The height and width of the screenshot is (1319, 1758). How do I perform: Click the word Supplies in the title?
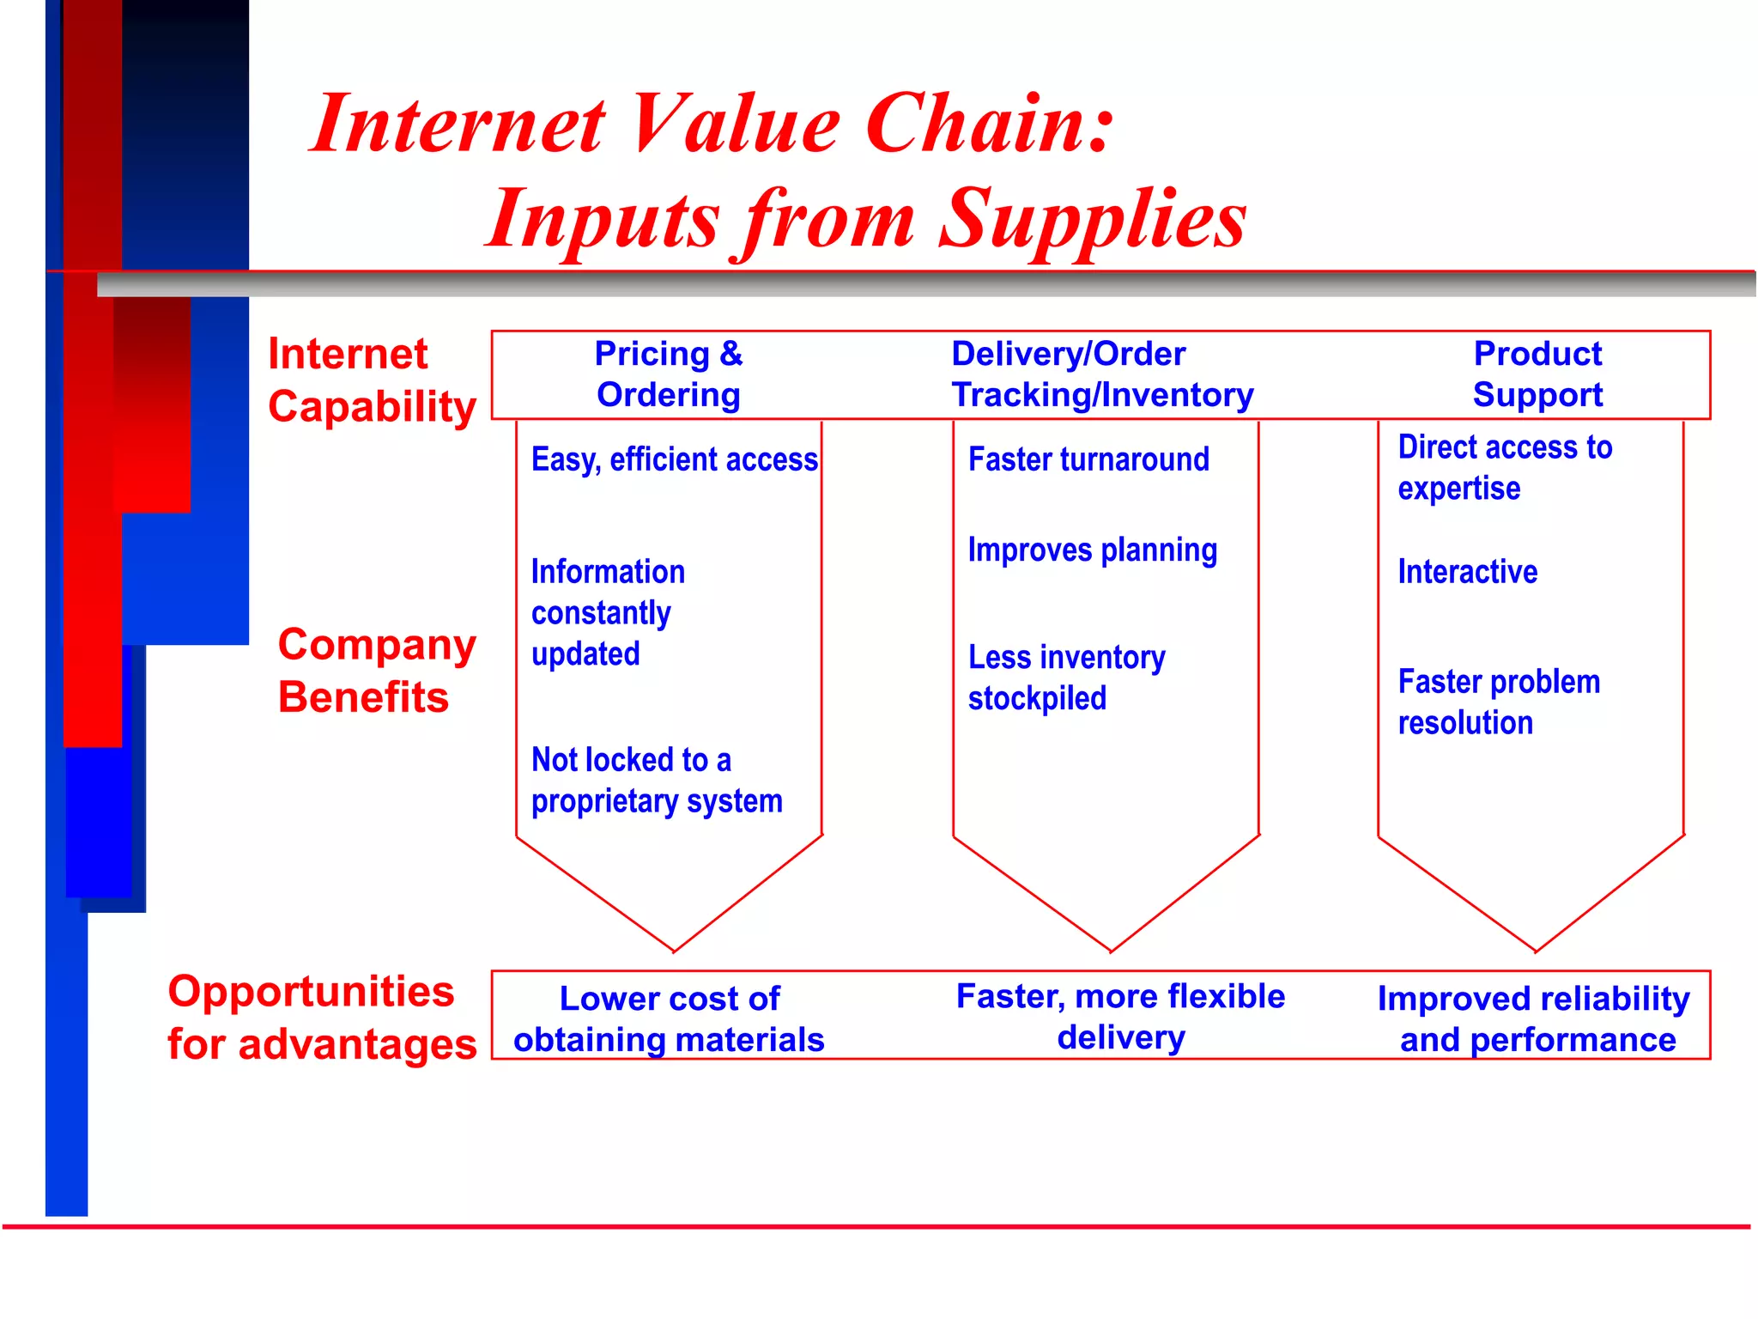pyautogui.click(x=1092, y=220)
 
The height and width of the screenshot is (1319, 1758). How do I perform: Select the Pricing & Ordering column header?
pyautogui.click(x=669, y=374)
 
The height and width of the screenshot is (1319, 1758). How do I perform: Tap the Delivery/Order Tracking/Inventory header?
pyautogui.click(x=1102, y=374)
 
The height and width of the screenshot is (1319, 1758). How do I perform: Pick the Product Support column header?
pyautogui.click(x=1537, y=374)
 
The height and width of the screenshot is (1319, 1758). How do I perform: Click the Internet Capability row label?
pyautogui.click(x=371, y=380)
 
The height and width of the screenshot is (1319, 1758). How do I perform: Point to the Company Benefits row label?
pyautogui.click(x=376, y=671)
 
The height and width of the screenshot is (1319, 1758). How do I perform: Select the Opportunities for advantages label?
pyautogui.click(x=321, y=1018)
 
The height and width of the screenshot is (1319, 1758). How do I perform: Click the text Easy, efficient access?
pyautogui.click(x=674, y=460)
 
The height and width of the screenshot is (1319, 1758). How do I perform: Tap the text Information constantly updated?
pyautogui.click(x=607, y=613)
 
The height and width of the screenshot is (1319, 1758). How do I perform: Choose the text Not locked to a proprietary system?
pyautogui.click(x=656, y=781)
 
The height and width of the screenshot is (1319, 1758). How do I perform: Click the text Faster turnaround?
pyautogui.click(x=1088, y=460)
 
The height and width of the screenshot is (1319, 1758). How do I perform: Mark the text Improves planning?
pyautogui.click(x=1092, y=550)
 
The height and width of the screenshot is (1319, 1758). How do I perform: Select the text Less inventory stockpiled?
pyautogui.click(x=1066, y=678)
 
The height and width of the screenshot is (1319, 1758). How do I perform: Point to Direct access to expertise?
pyautogui.click(x=1504, y=468)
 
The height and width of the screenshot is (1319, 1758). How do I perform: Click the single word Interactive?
pyautogui.click(x=1467, y=572)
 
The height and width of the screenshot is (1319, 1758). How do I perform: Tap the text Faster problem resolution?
pyautogui.click(x=1498, y=702)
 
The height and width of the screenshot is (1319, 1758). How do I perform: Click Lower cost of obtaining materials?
pyautogui.click(x=669, y=1019)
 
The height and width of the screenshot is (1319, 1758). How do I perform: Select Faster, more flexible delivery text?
pyautogui.click(x=1120, y=1018)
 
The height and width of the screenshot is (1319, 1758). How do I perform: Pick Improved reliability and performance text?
pyautogui.click(x=1534, y=1019)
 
